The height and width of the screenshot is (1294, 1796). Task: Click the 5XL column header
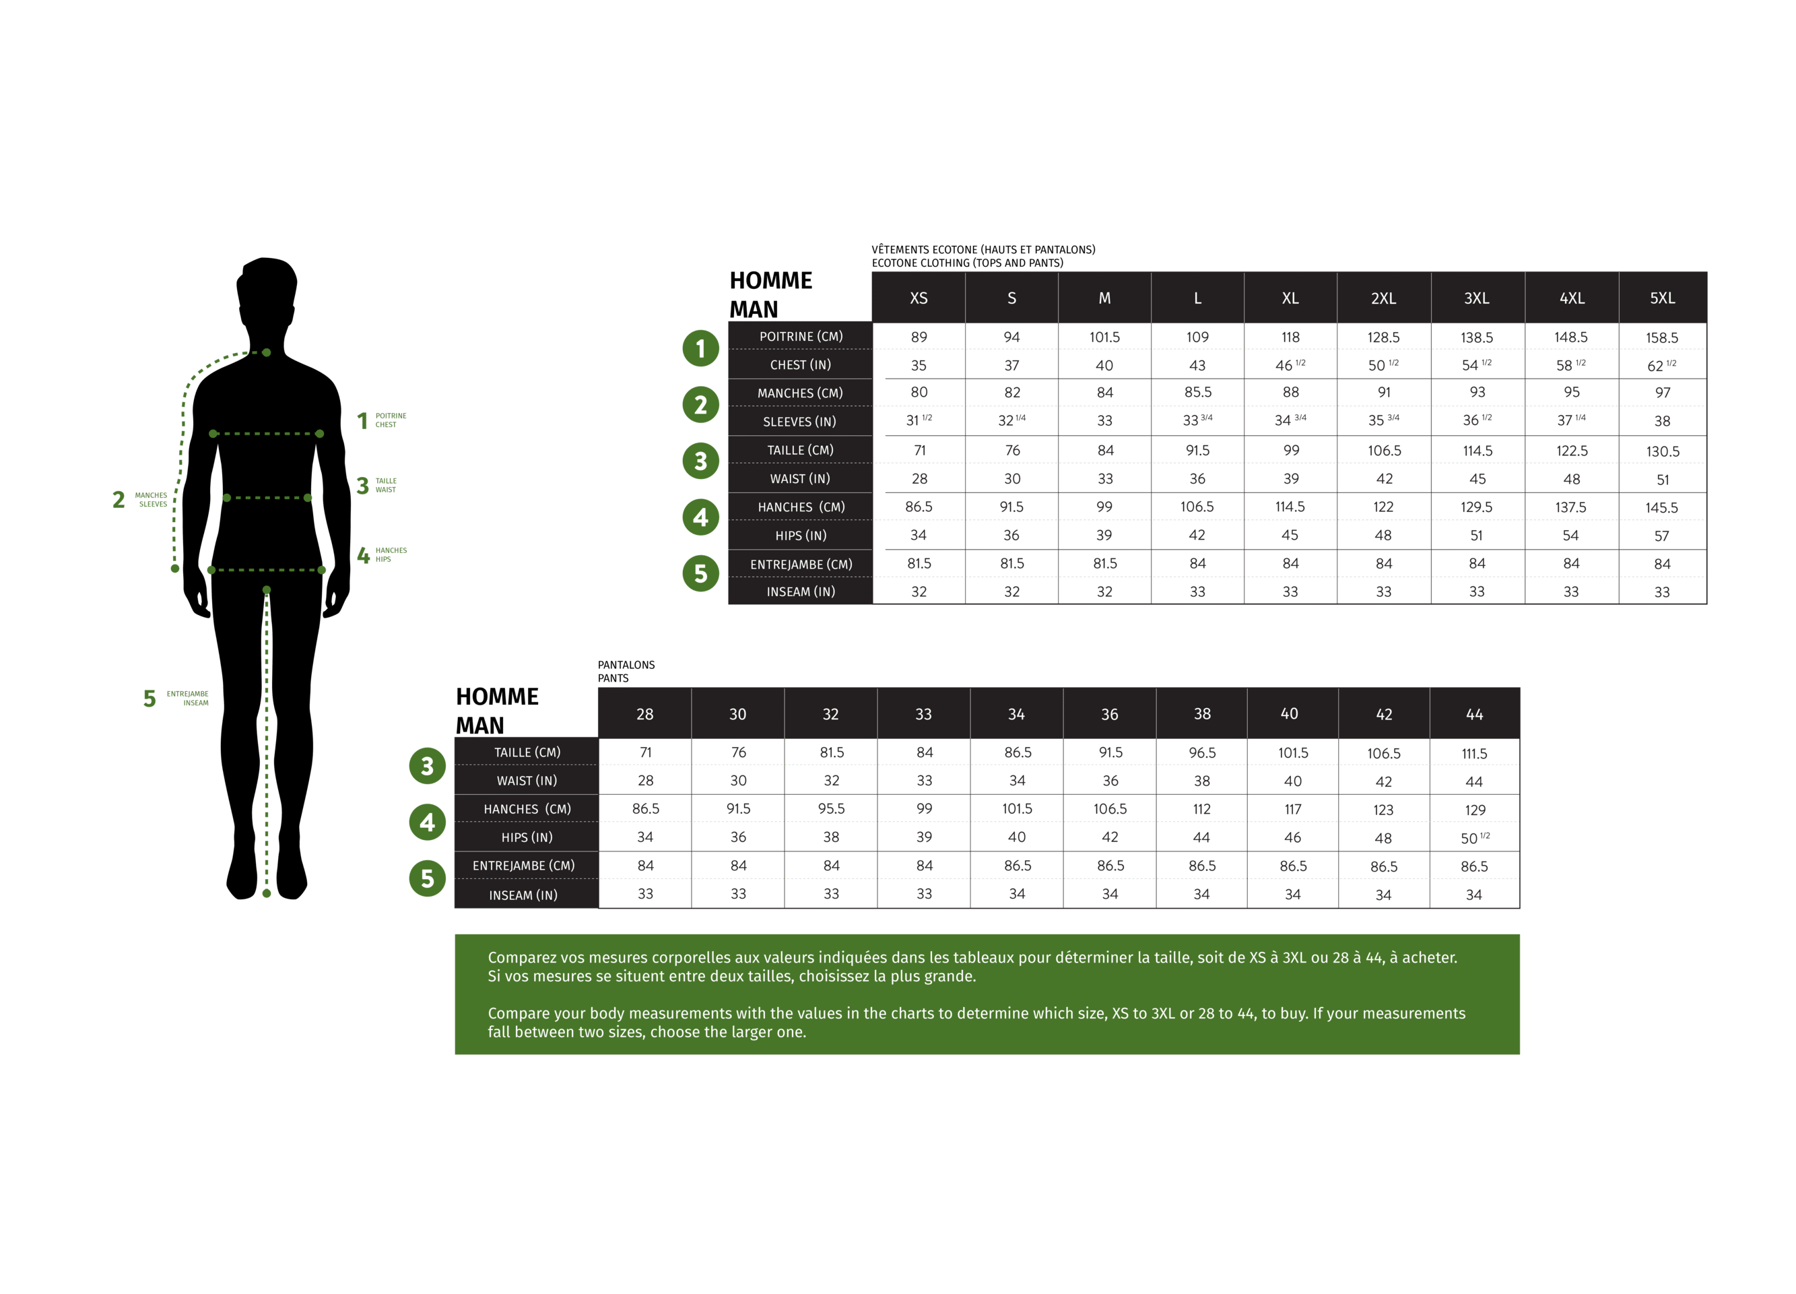(1662, 298)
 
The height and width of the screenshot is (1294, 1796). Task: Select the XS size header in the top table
(919, 298)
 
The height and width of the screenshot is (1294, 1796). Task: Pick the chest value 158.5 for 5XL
(1661, 338)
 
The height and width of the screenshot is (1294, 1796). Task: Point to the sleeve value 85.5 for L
(1197, 393)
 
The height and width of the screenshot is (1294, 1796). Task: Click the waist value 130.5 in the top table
(1662, 451)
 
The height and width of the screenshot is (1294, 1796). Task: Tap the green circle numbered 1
(700, 348)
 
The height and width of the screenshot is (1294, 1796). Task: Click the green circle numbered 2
(700, 406)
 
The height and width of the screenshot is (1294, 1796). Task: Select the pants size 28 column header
(644, 714)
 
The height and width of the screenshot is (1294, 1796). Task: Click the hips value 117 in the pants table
(1292, 810)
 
